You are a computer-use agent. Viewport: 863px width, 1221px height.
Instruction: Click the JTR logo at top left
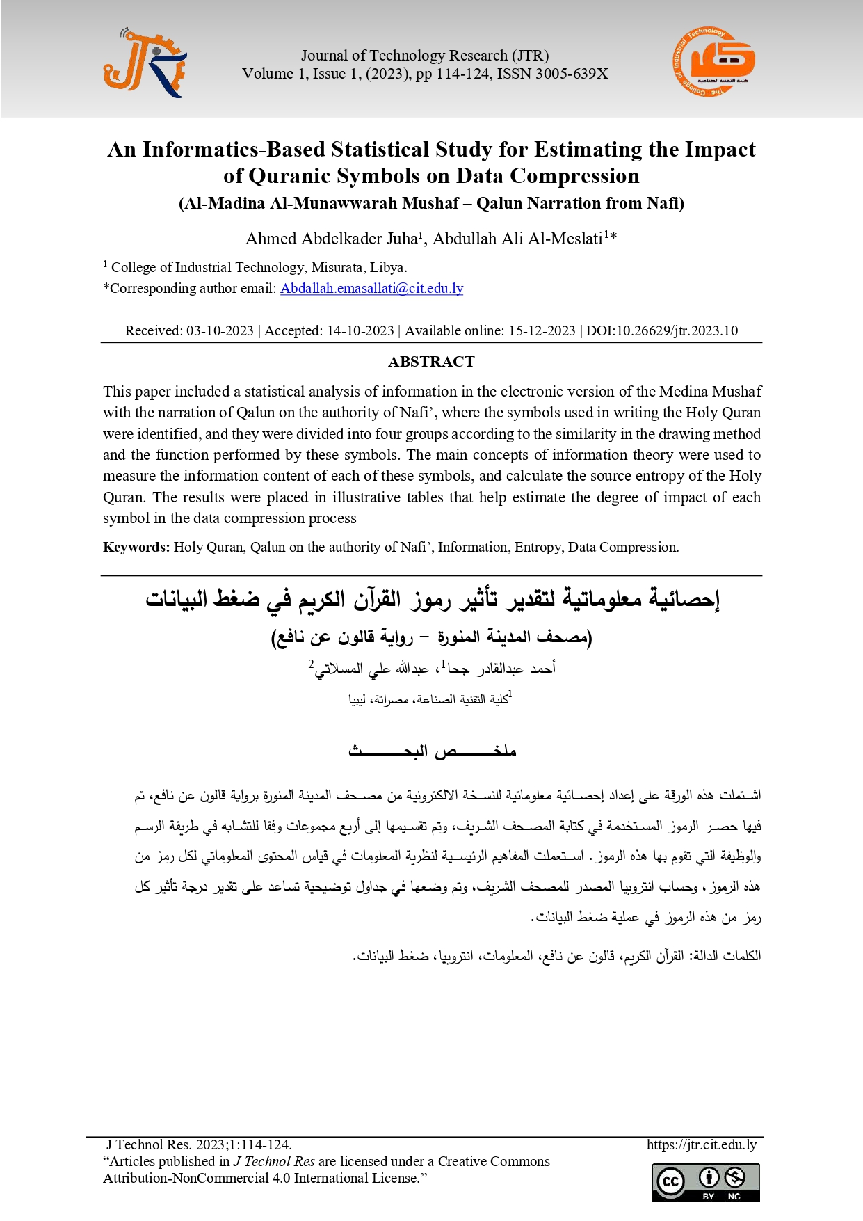point(145,63)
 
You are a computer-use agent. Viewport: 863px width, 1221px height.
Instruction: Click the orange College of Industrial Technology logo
point(713,63)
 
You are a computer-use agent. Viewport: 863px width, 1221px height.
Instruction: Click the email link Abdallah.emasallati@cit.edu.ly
point(371,289)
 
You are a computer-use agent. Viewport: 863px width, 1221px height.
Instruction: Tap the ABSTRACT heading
point(431,362)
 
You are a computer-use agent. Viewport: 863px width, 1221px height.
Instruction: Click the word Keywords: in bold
point(136,548)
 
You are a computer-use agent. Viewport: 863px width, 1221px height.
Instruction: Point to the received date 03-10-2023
point(220,331)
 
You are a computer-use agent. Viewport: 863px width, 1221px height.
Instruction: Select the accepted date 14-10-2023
point(360,331)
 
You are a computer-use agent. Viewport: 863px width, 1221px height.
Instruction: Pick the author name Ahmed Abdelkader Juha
point(332,239)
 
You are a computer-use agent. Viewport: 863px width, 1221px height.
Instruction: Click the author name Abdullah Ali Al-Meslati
point(518,239)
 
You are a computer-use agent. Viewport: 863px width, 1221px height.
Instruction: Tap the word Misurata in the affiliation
point(337,268)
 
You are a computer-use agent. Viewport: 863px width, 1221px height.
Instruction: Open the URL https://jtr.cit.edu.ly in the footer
point(701,1144)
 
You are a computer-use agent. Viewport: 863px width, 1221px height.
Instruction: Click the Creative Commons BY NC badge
point(705,1182)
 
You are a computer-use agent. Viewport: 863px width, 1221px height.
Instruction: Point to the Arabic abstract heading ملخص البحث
point(432,751)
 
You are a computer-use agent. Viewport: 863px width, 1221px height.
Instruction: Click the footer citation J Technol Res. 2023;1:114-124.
point(199,1144)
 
